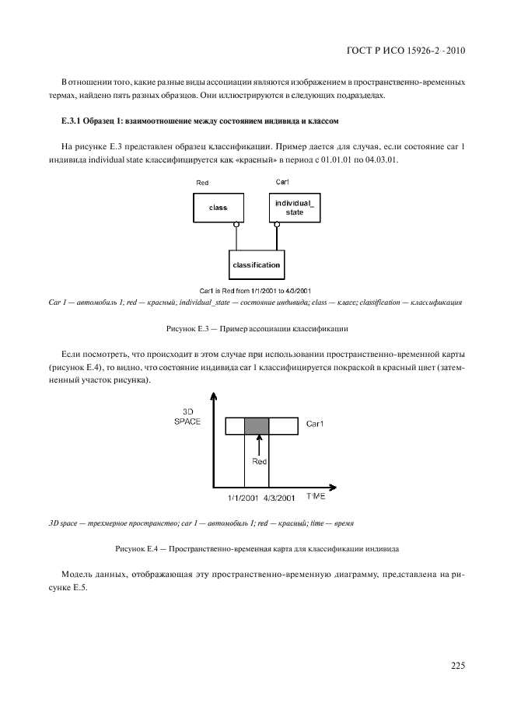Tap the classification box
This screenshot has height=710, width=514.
pos(256,265)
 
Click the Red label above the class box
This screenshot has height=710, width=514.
pos(202,182)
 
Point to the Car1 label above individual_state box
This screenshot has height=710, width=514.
pos(283,182)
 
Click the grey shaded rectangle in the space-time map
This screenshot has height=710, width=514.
pos(257,425)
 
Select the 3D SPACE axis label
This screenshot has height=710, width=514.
pos(187,415)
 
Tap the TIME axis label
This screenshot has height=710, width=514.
pos(316,495)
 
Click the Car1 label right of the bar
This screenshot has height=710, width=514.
pos(314,425)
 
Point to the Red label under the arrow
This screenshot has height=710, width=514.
pos(260,461)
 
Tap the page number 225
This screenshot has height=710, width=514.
pos(457,665)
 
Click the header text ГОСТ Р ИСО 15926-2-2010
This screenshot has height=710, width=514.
pos(405,51)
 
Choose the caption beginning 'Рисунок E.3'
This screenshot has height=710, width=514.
pos(256,329)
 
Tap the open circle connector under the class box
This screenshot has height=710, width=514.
pos(234,224)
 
